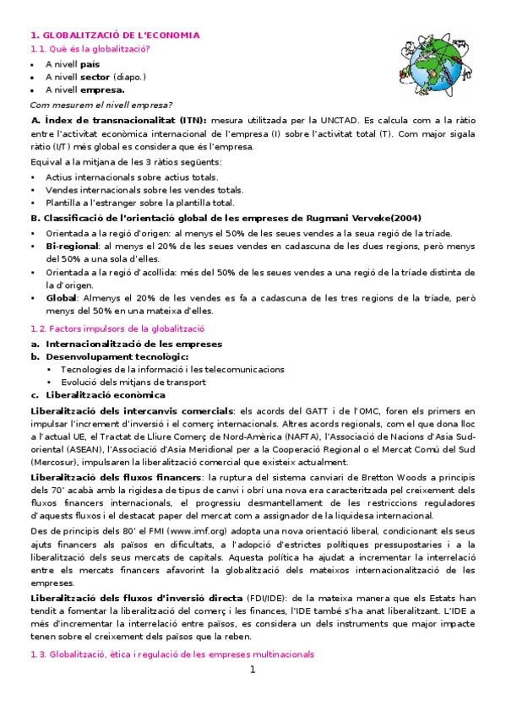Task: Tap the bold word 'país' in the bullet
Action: point(90,63)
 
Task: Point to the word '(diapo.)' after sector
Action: point(129,76)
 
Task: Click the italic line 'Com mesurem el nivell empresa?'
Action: point(101,105)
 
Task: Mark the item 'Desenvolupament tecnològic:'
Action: point(105,356)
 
